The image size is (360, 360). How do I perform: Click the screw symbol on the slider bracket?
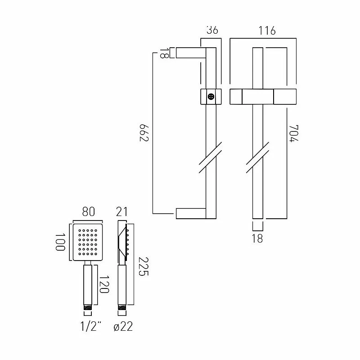[x=211, y=96]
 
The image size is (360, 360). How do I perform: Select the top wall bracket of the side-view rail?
[x=190, y=53]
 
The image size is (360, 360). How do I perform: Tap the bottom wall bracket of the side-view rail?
[x=190, y=213]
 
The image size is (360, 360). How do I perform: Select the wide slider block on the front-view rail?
[x=262, y=96]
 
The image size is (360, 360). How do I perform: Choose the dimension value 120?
[x=105, y=284]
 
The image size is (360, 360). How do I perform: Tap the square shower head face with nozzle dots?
[x=87, y=242]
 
